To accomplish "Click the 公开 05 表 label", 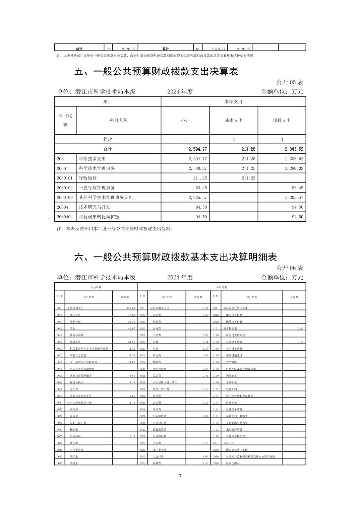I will (290, 82).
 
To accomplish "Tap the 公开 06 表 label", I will (290, 268).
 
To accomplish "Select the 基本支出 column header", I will (233, 121).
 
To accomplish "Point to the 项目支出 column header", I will (282, 121).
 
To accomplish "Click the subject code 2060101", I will (65, 178).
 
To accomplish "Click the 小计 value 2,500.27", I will (198, 168).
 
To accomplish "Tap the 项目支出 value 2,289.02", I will (294, 168).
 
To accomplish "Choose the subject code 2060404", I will (65, 217).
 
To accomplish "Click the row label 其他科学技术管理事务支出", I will (106, 198).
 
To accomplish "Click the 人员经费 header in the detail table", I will (96, 287).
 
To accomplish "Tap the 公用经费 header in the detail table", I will (222, 287).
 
